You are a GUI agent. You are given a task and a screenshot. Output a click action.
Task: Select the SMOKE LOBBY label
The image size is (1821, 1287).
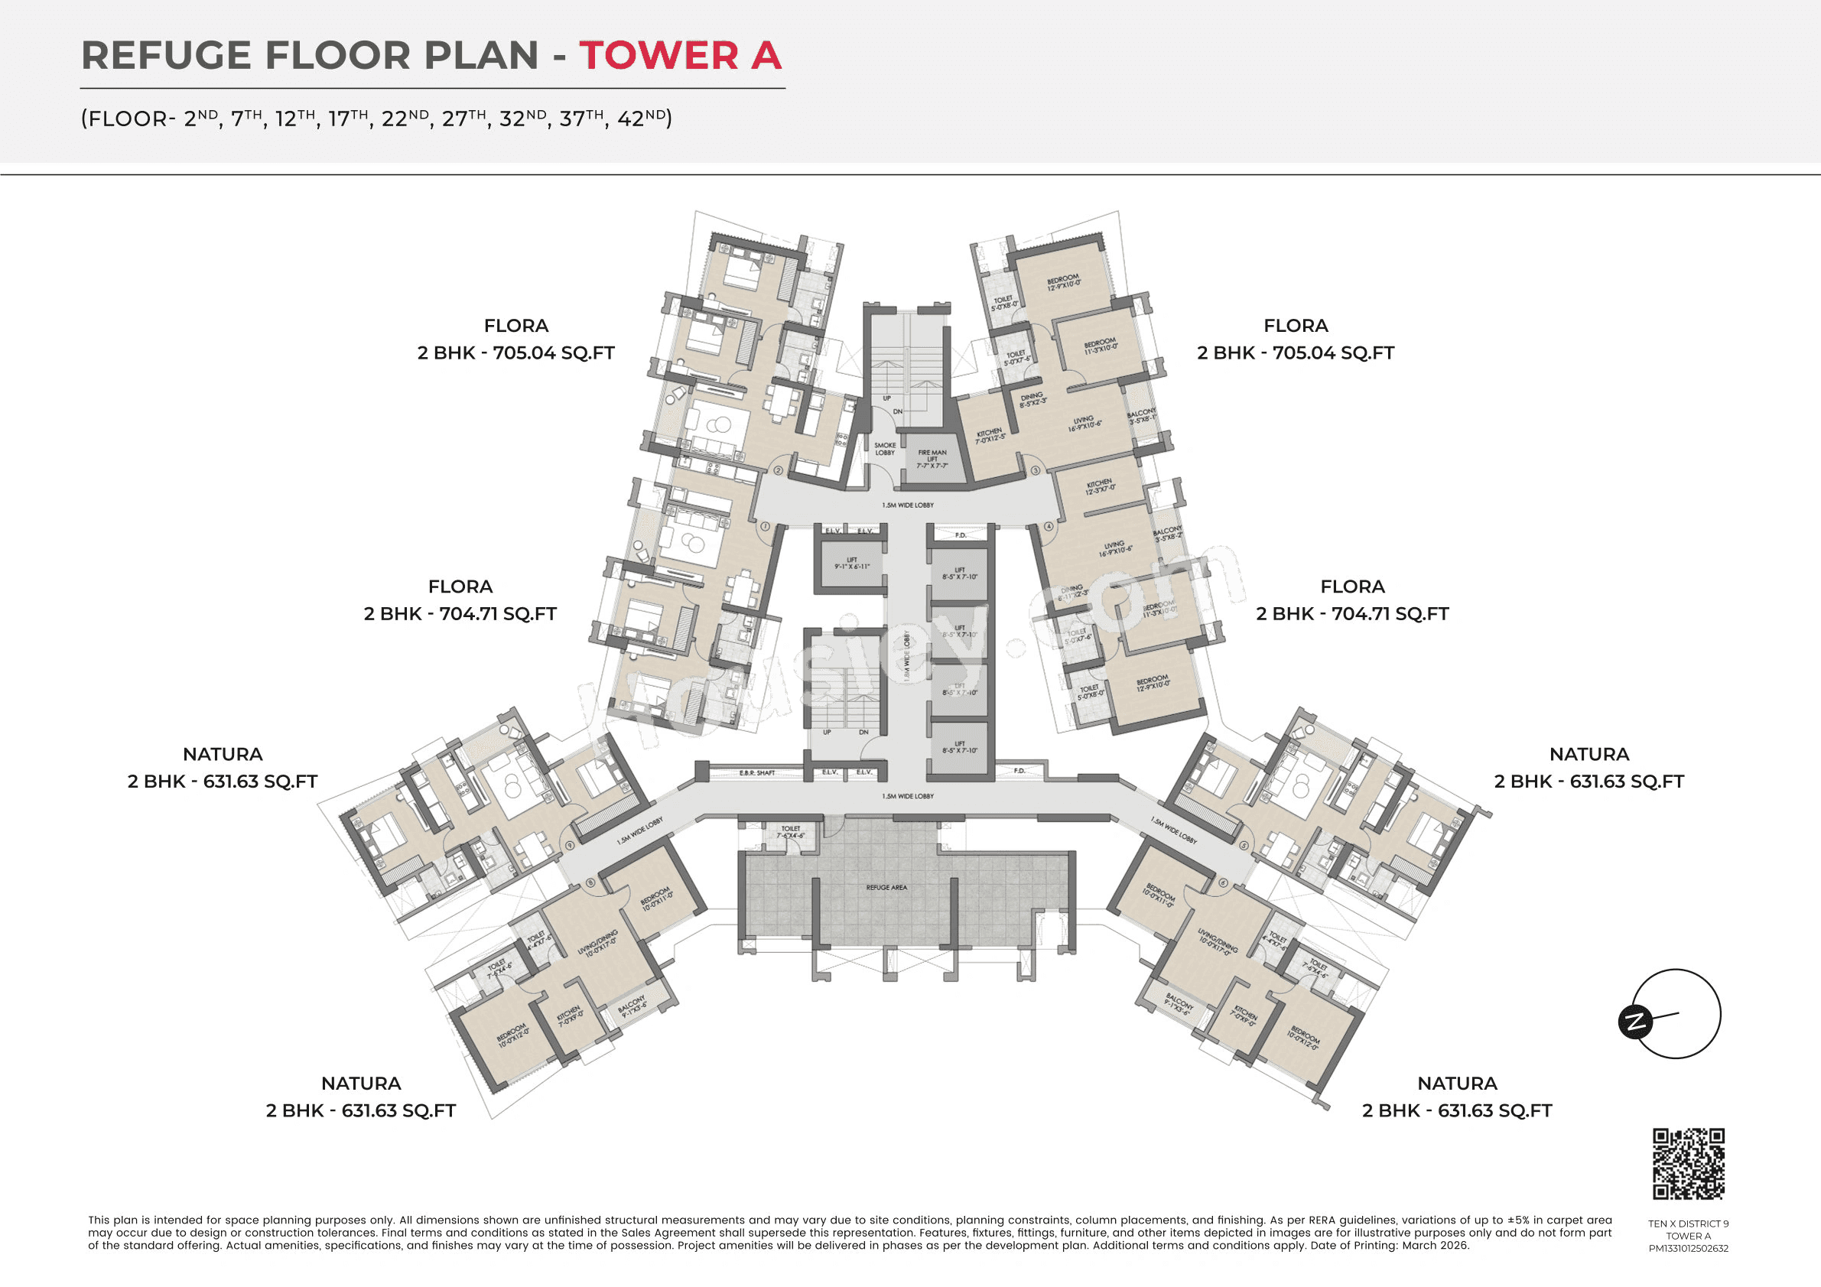point(884,449)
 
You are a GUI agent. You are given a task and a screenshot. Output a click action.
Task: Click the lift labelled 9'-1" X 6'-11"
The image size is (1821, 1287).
point(852,564)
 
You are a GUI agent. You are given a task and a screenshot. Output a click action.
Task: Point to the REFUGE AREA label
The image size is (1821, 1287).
point(886,887)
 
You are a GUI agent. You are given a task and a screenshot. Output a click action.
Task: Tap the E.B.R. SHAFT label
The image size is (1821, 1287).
point(756,772)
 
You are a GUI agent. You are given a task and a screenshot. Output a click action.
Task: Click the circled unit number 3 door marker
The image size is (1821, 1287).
point(1035,470)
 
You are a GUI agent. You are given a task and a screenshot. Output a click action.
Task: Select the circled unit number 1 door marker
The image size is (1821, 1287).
point(766,526)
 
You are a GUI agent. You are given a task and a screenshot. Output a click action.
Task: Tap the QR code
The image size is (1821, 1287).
point(1688,1163)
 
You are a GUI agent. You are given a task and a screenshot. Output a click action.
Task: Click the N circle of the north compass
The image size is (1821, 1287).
point(1634,1022)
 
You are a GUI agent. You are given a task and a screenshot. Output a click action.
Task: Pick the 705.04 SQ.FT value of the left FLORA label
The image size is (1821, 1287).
point(554,353)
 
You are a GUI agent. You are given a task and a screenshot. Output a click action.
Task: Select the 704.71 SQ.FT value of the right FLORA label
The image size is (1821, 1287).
point(1390,614)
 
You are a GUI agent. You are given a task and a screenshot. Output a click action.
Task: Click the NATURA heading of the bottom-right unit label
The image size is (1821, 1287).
point(1457,1083)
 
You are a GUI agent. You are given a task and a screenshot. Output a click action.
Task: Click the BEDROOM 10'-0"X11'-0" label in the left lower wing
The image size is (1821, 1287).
point(657,899)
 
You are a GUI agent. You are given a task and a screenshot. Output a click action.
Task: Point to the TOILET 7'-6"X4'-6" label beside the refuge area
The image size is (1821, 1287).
point(791,832)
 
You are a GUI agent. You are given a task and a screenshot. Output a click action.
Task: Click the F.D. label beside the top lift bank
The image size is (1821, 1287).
point(961,535)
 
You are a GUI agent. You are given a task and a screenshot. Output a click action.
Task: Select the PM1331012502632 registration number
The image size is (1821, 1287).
point(1688,1248)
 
